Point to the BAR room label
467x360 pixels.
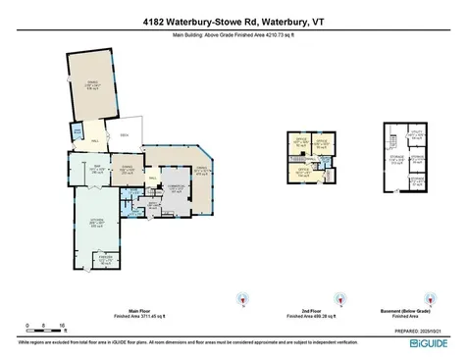[x=85, y=169]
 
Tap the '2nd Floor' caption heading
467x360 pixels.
[x=313, y=308]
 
